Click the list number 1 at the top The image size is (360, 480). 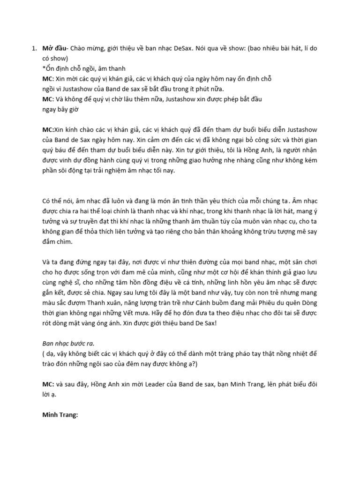(33, 48)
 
